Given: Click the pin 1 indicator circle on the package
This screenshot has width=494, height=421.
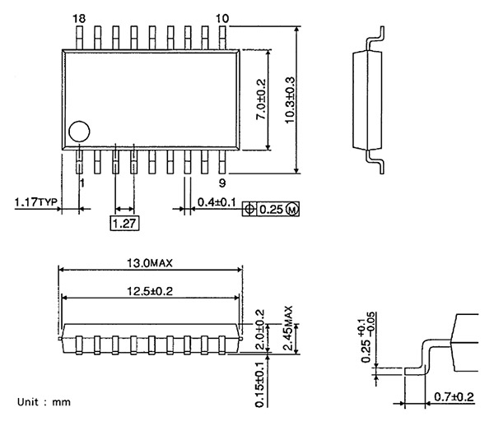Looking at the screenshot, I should point(78,131).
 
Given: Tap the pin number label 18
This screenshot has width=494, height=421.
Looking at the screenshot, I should point(79,18).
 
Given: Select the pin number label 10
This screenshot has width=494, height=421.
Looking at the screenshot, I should point(222,18).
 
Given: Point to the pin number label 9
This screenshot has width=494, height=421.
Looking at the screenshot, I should point(222,183).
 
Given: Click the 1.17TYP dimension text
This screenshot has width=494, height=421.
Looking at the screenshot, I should point(35,201).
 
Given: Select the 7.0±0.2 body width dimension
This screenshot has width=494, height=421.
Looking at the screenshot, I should point(262,99).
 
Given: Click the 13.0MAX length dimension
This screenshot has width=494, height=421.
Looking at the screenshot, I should point(149,263).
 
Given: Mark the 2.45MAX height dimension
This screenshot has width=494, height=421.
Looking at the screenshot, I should point(288,329).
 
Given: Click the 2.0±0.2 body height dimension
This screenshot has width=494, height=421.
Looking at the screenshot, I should point(260,327).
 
